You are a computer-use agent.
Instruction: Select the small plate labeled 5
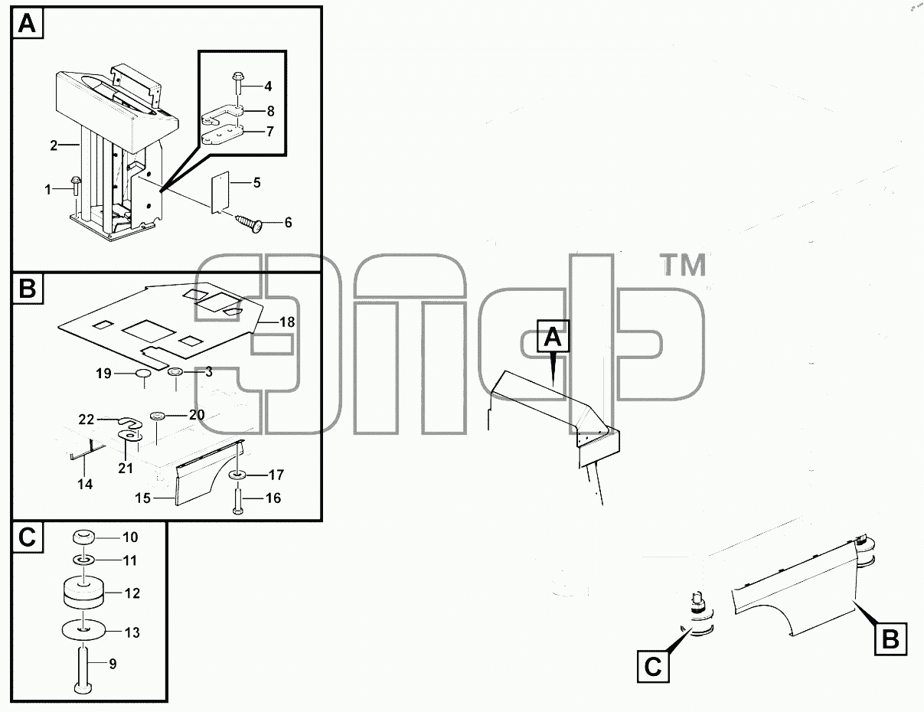coord(220,191)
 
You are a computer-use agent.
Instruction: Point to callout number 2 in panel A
coord(54,145)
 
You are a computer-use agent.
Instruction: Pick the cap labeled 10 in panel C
coord(84,537)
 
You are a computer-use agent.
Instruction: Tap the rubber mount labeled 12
coord(84,593)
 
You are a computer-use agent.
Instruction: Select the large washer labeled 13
coord(84,630)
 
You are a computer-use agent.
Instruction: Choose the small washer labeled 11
coord(84,560)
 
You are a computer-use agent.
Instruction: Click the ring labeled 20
coord(158,415)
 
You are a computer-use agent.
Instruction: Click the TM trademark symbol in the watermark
coord(684,264)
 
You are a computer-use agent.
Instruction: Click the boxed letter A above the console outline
coord(553,336)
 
